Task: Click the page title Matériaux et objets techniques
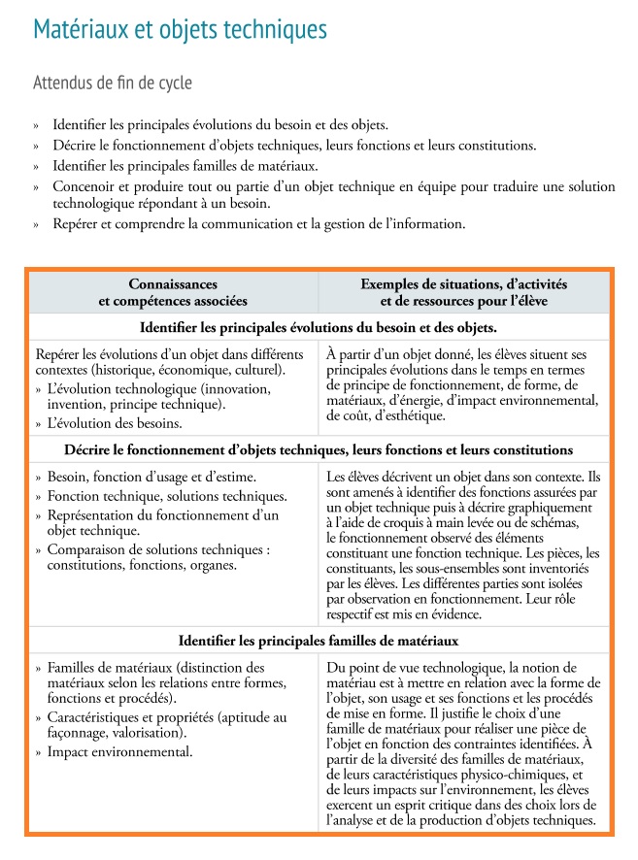coord(180,31)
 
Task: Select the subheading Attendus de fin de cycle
coord(113,83)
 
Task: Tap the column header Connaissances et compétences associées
coord(173,292)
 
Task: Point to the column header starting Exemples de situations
coord(463,292)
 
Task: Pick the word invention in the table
coord(79,404)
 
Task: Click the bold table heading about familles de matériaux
coord(319,641)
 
